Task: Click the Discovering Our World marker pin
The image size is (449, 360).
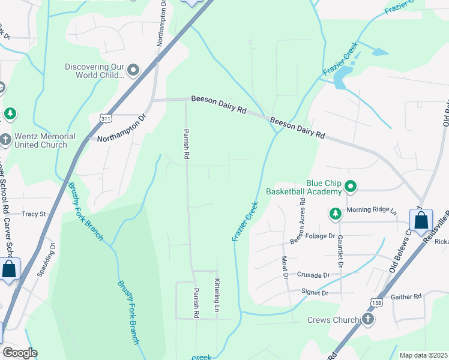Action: pyautogui.click(x=133, y=71)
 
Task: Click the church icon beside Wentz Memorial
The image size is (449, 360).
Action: pyautogui.click(x=6, y=140)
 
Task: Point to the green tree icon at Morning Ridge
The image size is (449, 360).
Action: pyautogui.click(x=335, y=214)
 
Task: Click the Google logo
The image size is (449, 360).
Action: pyautogui.click(x=20, y=353)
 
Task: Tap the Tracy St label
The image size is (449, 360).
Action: pyautogui.click(x=34, y=214)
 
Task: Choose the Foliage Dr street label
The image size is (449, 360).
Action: pyautogui.click(x=321, y=236)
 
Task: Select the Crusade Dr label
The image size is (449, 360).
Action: pyautogui.click(x=313, y=275)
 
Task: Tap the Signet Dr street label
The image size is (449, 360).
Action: pyautogui.click(x=316, y=293)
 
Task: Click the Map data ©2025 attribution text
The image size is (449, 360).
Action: pyautogui.click(x=423, y=355)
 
